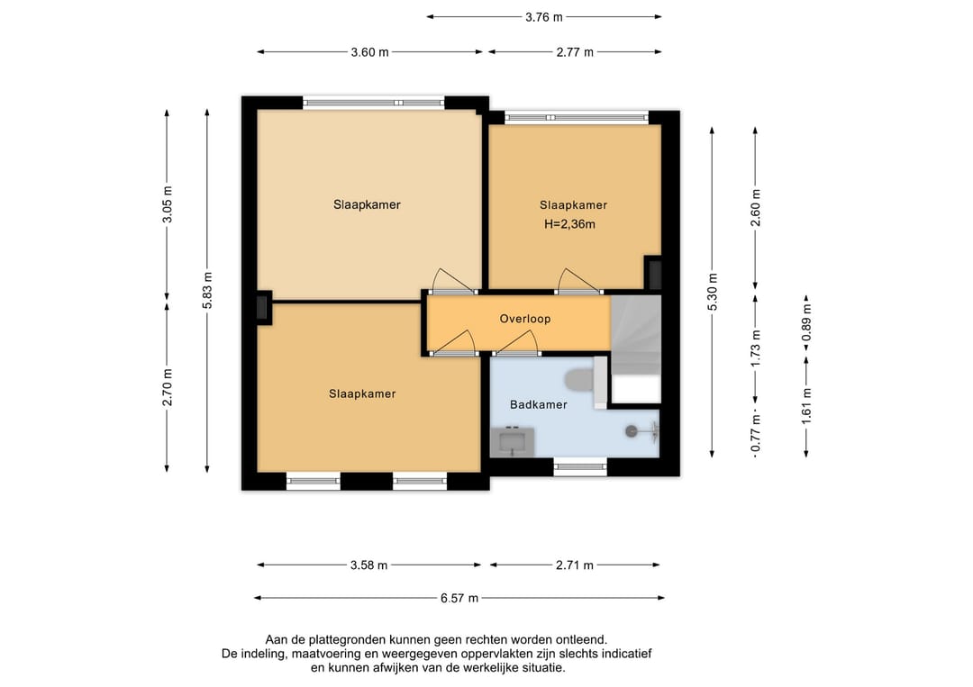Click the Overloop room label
(525, 319)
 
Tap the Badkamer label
(539, 404)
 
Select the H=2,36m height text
(569, 224)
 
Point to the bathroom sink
(513, 442)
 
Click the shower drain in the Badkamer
(632, 430)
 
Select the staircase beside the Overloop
(636, 335)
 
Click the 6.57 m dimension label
(459, 599)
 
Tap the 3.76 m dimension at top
(544, 17)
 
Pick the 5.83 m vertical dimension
(207, 290)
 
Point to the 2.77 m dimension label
(575, 52)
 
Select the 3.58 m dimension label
(368, 565)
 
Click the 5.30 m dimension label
(713, 292)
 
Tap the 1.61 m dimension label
(806, 407)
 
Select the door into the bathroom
(516, 343)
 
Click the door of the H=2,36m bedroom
(578, 281)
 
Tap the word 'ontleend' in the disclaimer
(583, 639)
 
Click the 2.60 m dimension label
(756, 208)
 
